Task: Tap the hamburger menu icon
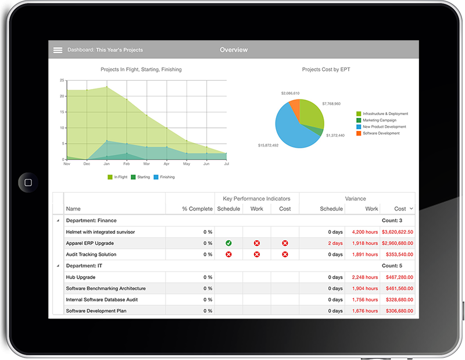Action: (x=58, y=50)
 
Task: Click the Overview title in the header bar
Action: (x=234, y=50)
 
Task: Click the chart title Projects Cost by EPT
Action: (x=325, y=70)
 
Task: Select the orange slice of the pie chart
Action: (x=295, y=108)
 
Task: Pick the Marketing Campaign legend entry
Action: (x=379, y=120)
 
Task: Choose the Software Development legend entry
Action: (x=381, y=133)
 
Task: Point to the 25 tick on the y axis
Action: (x=62, y=80)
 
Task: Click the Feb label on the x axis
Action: (x=127, y=165)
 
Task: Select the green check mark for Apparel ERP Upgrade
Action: (x=228, y=243)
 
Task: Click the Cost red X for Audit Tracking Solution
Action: (x=285, y=254)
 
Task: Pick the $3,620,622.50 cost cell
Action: (x=397, y=232)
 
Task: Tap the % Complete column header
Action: (x=197, y=209)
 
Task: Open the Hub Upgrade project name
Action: (x=81, y=277)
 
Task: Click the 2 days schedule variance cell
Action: (x=335, y=243)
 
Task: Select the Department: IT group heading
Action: (x=91, y=266)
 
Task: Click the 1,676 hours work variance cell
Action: (x=365, y=311)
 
